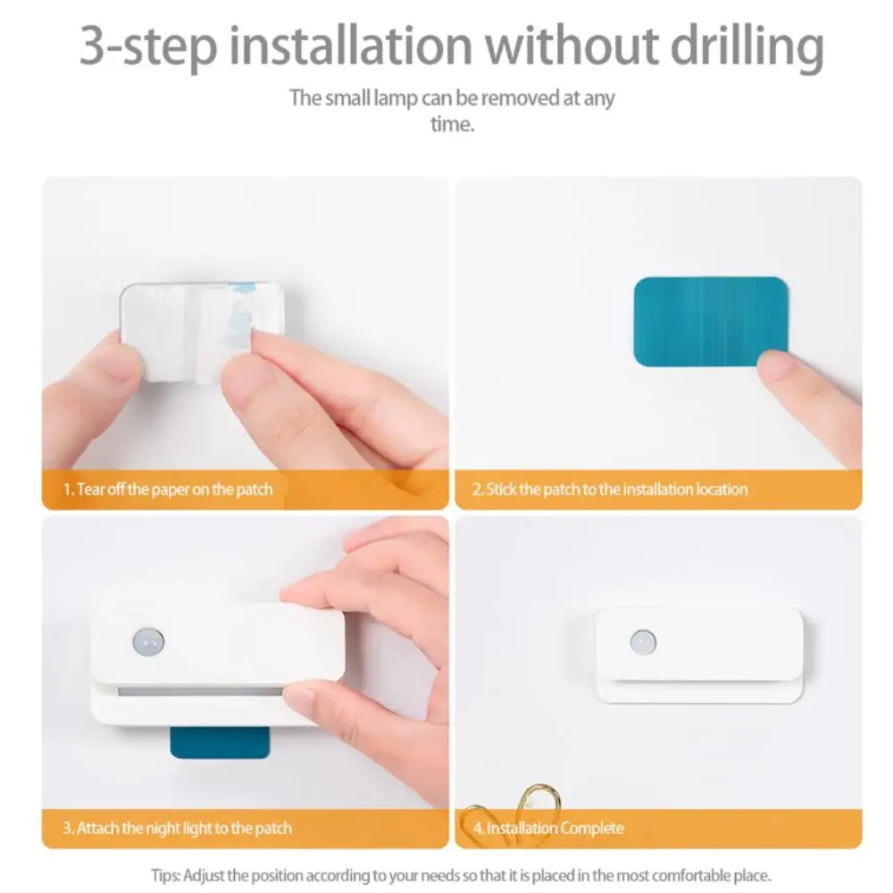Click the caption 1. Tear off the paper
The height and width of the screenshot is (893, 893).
(x=168, y=489)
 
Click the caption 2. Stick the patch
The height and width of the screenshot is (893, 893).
(x=610, y=489)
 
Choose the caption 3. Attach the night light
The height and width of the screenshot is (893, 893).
(x=177, y=828)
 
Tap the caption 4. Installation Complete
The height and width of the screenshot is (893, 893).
(x=547, y=828)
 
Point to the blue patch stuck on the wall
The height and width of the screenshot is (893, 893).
(x=711, y=321)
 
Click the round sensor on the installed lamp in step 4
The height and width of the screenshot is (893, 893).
(x=642, y=640)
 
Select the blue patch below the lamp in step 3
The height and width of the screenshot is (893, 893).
(x=220, y=740)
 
